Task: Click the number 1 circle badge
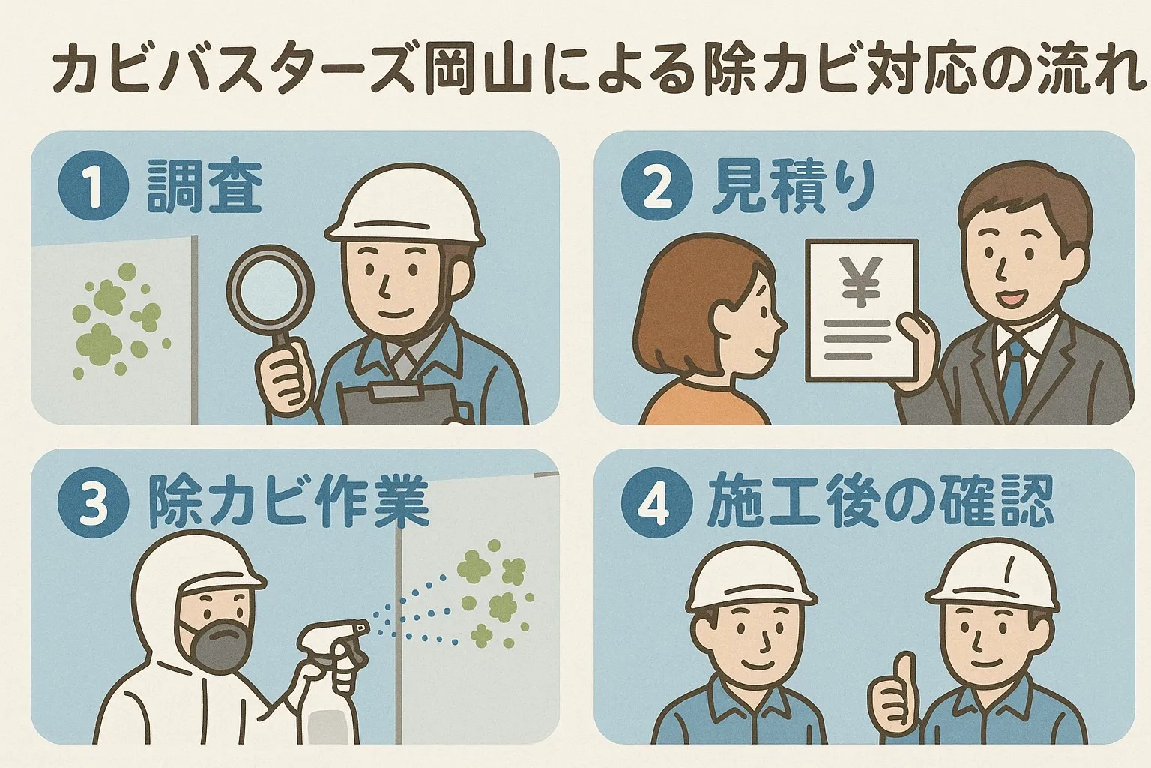[x=93, y=186]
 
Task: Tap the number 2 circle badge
[x=656, y=186]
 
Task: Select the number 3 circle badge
[x=93, y=503]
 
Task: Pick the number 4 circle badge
[x=656, y=503]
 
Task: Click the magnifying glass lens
[x=271, y=289]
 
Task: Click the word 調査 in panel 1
[x=205, y=186]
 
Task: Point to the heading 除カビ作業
[x=288, y=503]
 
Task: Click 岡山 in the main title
[x=478, y=73]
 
